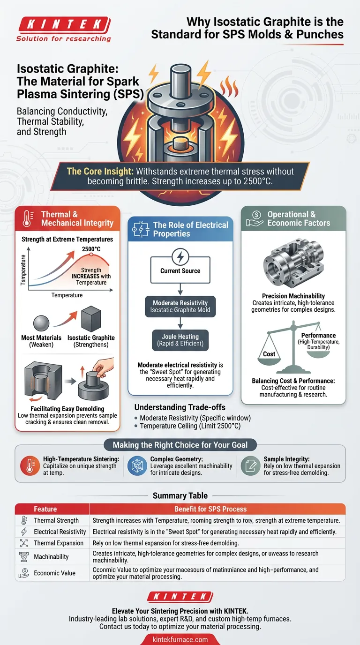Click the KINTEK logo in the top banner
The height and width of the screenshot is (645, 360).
tap(63, 24)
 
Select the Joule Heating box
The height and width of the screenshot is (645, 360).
tap(180, 339)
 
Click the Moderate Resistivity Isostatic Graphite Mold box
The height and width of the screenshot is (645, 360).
tap(180, 306)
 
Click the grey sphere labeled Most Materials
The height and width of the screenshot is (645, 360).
tap(41, 323)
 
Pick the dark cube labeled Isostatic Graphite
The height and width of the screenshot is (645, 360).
tap(91, 320)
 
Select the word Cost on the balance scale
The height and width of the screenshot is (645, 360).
tap(269, 354)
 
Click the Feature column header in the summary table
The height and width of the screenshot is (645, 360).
tap(45, 509)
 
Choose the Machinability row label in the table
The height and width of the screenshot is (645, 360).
tap(51, 556)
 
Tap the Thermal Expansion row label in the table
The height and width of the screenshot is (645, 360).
tap(59, 543)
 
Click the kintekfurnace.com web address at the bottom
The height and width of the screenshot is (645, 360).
tap(180, 639)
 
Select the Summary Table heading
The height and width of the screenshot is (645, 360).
tap(180, 495)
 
